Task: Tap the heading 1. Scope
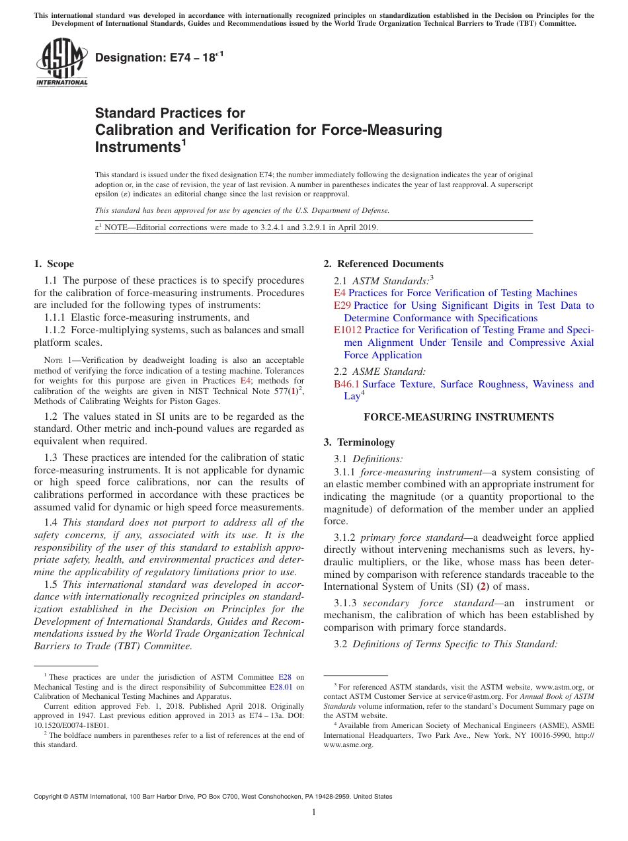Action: pos(54,264)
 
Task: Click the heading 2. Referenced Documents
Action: pos(383,264)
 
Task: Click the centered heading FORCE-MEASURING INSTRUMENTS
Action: pos(459,417)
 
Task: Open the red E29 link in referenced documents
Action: pos(342,305)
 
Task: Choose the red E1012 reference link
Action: pos(347,330)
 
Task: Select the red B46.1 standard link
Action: pos(346,384)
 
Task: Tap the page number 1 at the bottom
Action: pos(314,812)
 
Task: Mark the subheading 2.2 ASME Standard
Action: pos(380,372)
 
